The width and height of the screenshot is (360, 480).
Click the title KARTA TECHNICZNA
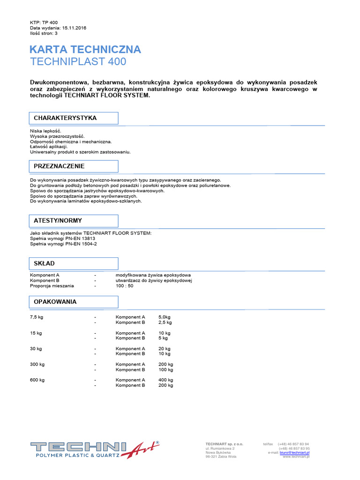tap(85, 50)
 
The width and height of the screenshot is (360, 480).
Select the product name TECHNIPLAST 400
tap(78, 62)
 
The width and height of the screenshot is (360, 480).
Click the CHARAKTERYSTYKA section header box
tap(74, 118)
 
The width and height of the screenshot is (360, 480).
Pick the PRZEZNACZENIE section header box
tap(74, 166)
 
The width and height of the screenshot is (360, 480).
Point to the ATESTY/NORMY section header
tap(74, 221)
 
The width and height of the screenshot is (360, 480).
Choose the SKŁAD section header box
tap(74, 263)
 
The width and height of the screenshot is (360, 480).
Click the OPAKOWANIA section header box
tap(74, 302)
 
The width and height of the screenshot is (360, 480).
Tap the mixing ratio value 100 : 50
tap(125, 286)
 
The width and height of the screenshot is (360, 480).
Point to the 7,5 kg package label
tap(37, 317)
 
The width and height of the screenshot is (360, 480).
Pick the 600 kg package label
tap(37, 380)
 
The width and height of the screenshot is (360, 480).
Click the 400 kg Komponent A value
tap(166, 380)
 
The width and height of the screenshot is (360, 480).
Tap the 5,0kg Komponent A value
tap(165, 317)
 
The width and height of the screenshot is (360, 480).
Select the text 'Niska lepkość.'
tap(45, 131)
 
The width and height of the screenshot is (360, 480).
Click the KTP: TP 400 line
tap(44, 22)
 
